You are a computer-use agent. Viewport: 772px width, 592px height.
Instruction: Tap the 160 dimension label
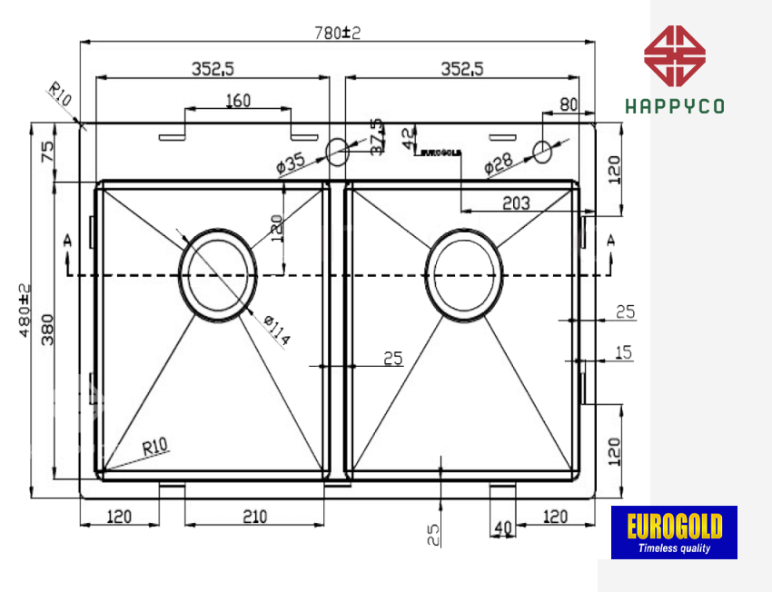[x=237, y=101]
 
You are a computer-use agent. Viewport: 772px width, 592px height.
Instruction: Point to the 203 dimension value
[x=515, y=203]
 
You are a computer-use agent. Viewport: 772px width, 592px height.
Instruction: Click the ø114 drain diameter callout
[x=276, y=331]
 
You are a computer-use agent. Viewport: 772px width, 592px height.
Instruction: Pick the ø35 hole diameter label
[x=290, y=164]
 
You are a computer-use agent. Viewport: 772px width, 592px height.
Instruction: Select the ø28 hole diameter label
[x=499, y=164]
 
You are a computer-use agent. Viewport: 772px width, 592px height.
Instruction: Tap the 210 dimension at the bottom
[x=254, y=517]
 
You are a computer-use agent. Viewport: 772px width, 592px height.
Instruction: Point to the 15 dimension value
[x=624, y=352]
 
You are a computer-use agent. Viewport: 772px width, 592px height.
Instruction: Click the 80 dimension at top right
[x=569, y=104]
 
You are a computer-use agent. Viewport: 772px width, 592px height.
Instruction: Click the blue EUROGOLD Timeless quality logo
[x=674, y=532]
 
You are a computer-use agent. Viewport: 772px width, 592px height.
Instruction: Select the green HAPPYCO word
[x=675, y=106]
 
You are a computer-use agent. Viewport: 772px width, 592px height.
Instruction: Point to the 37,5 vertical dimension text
[x=377, y=137]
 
